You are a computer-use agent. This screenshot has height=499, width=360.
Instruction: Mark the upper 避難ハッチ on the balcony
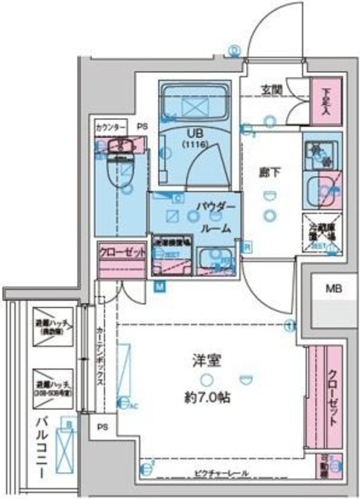(x=53, y=331)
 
